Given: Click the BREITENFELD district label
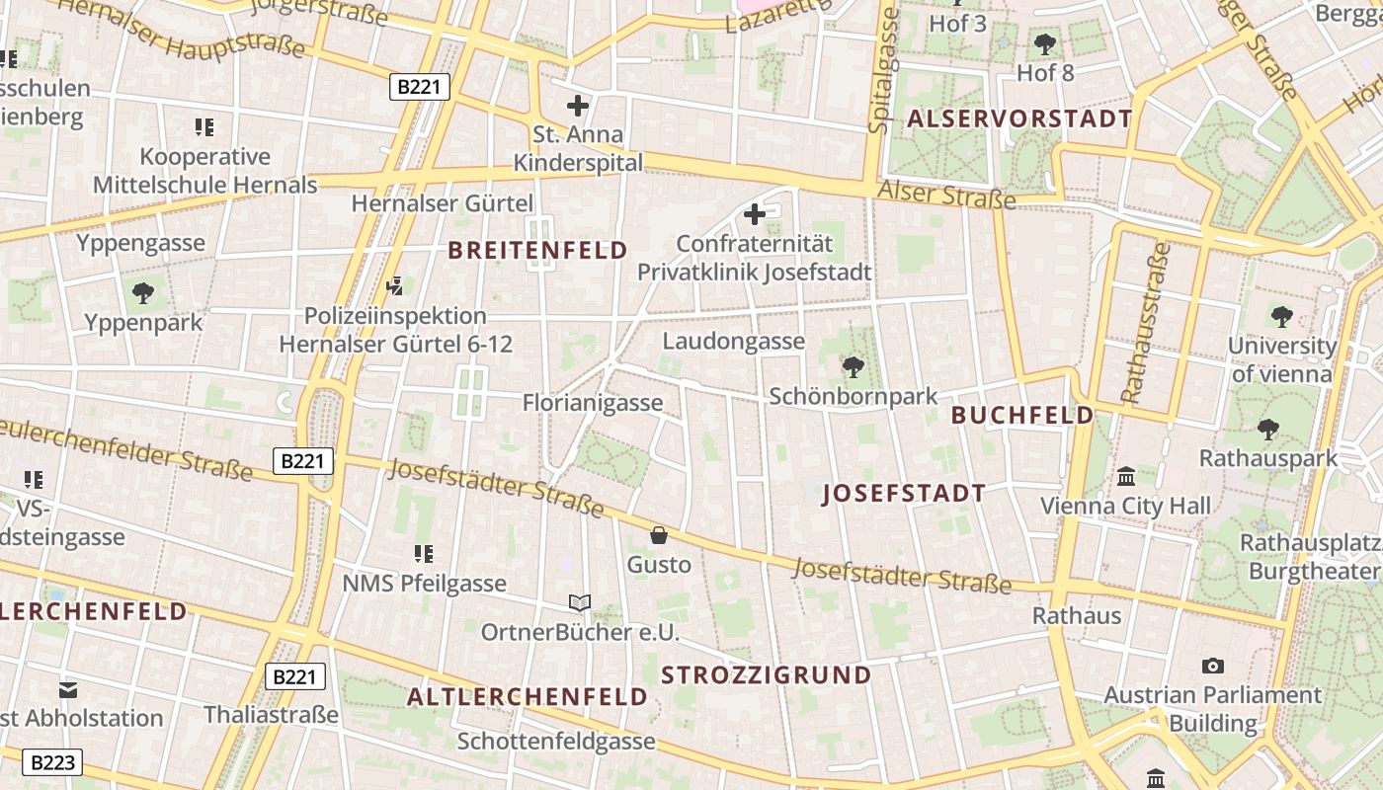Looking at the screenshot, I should [538, 251].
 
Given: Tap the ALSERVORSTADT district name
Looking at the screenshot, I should [1019, 119].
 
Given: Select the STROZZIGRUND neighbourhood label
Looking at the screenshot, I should [767, 675].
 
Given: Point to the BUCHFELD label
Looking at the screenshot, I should [1022, 416].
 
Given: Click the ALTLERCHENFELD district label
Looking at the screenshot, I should [528, 697].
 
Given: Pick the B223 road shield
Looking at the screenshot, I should [51, 762].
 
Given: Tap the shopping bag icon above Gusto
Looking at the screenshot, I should [659, 535].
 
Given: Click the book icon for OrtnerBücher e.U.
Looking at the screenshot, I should [580, 602].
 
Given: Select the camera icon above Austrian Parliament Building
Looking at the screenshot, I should [1213, 666].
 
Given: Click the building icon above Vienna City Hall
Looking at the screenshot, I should [1125, 477].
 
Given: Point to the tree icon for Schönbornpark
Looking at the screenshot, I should [853, 367].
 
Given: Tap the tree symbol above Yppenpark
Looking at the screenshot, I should [143, 292].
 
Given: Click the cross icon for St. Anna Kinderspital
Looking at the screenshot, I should [578, 105].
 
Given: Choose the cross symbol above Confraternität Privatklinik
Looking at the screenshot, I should [755, 213].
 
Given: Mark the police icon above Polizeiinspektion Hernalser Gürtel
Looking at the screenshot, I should [395, 286].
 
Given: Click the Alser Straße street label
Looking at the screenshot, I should [946, 195].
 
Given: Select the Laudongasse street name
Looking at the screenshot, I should [733, 342].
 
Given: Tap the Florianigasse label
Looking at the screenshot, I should [593, 403].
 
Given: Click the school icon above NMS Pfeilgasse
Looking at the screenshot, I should [424, 554].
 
